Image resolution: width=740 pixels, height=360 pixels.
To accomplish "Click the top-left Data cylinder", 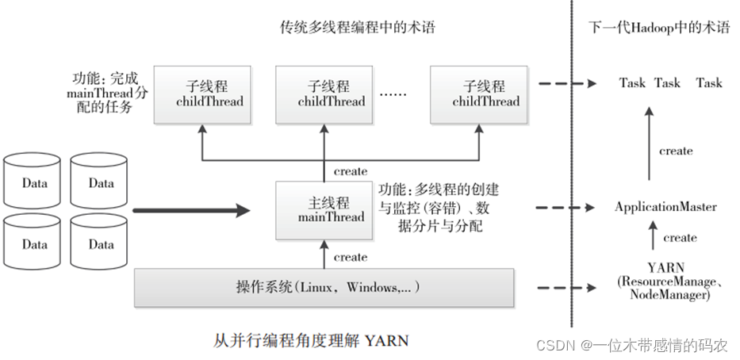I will tap(34, 183).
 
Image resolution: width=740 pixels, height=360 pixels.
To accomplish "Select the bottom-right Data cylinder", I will tap(101, 244).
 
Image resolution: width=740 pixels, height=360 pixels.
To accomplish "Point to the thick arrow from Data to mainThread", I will tap(190, 211).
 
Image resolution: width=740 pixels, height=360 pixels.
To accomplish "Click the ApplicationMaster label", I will tap(665, 207).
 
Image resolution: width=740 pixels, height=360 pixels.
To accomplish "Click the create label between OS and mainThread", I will tap(350, 257).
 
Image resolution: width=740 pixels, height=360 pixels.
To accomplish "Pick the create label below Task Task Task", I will tap(675, 151).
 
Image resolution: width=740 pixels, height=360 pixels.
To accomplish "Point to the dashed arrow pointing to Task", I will tap(566, 82).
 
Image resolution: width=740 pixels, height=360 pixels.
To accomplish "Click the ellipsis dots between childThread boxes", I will tap(393, 94).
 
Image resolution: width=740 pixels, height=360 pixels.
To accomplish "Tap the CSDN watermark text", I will tap(631, 346).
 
